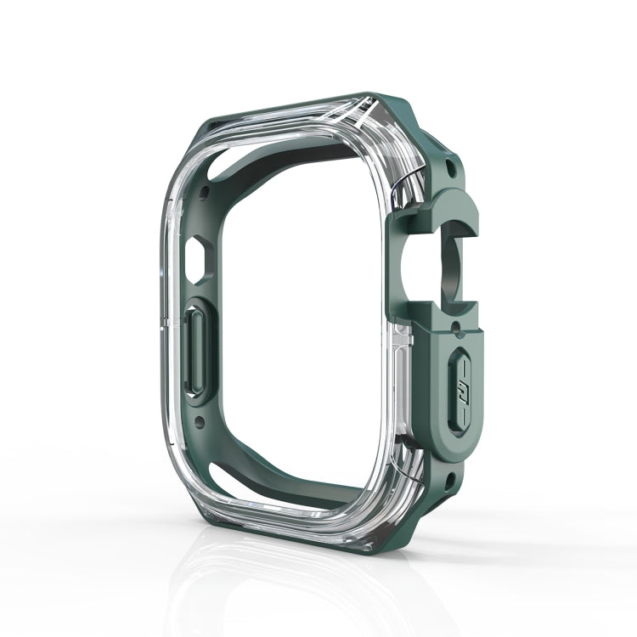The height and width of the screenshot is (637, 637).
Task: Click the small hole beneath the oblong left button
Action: click(200, 419)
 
